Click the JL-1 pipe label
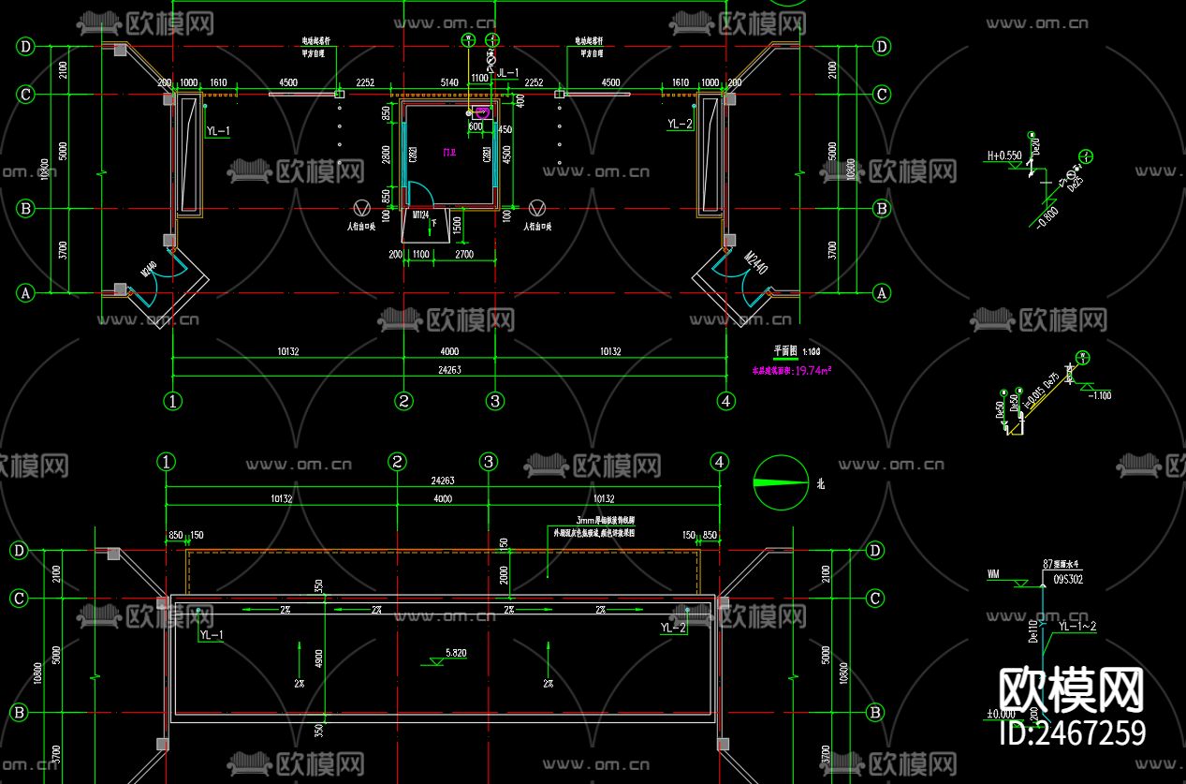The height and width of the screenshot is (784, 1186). pos(507,72)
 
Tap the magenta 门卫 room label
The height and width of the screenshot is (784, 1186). pos(449,152)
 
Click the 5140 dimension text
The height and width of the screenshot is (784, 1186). pos(448,82)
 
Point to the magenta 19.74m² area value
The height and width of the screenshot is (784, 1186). pos(812,370)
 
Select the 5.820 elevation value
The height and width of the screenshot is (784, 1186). pos(456,652)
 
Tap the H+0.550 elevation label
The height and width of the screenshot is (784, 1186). pos(1003,156)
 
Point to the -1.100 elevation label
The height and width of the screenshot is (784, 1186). pos(1099,395)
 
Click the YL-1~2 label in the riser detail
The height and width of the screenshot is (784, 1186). pos(1076,626)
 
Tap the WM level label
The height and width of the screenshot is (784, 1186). pos(993,572)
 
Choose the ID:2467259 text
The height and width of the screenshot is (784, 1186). pos(1073,732)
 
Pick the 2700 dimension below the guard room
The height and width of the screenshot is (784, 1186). pos(462,254)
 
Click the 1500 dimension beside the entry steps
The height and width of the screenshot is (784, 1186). pos(457,224)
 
